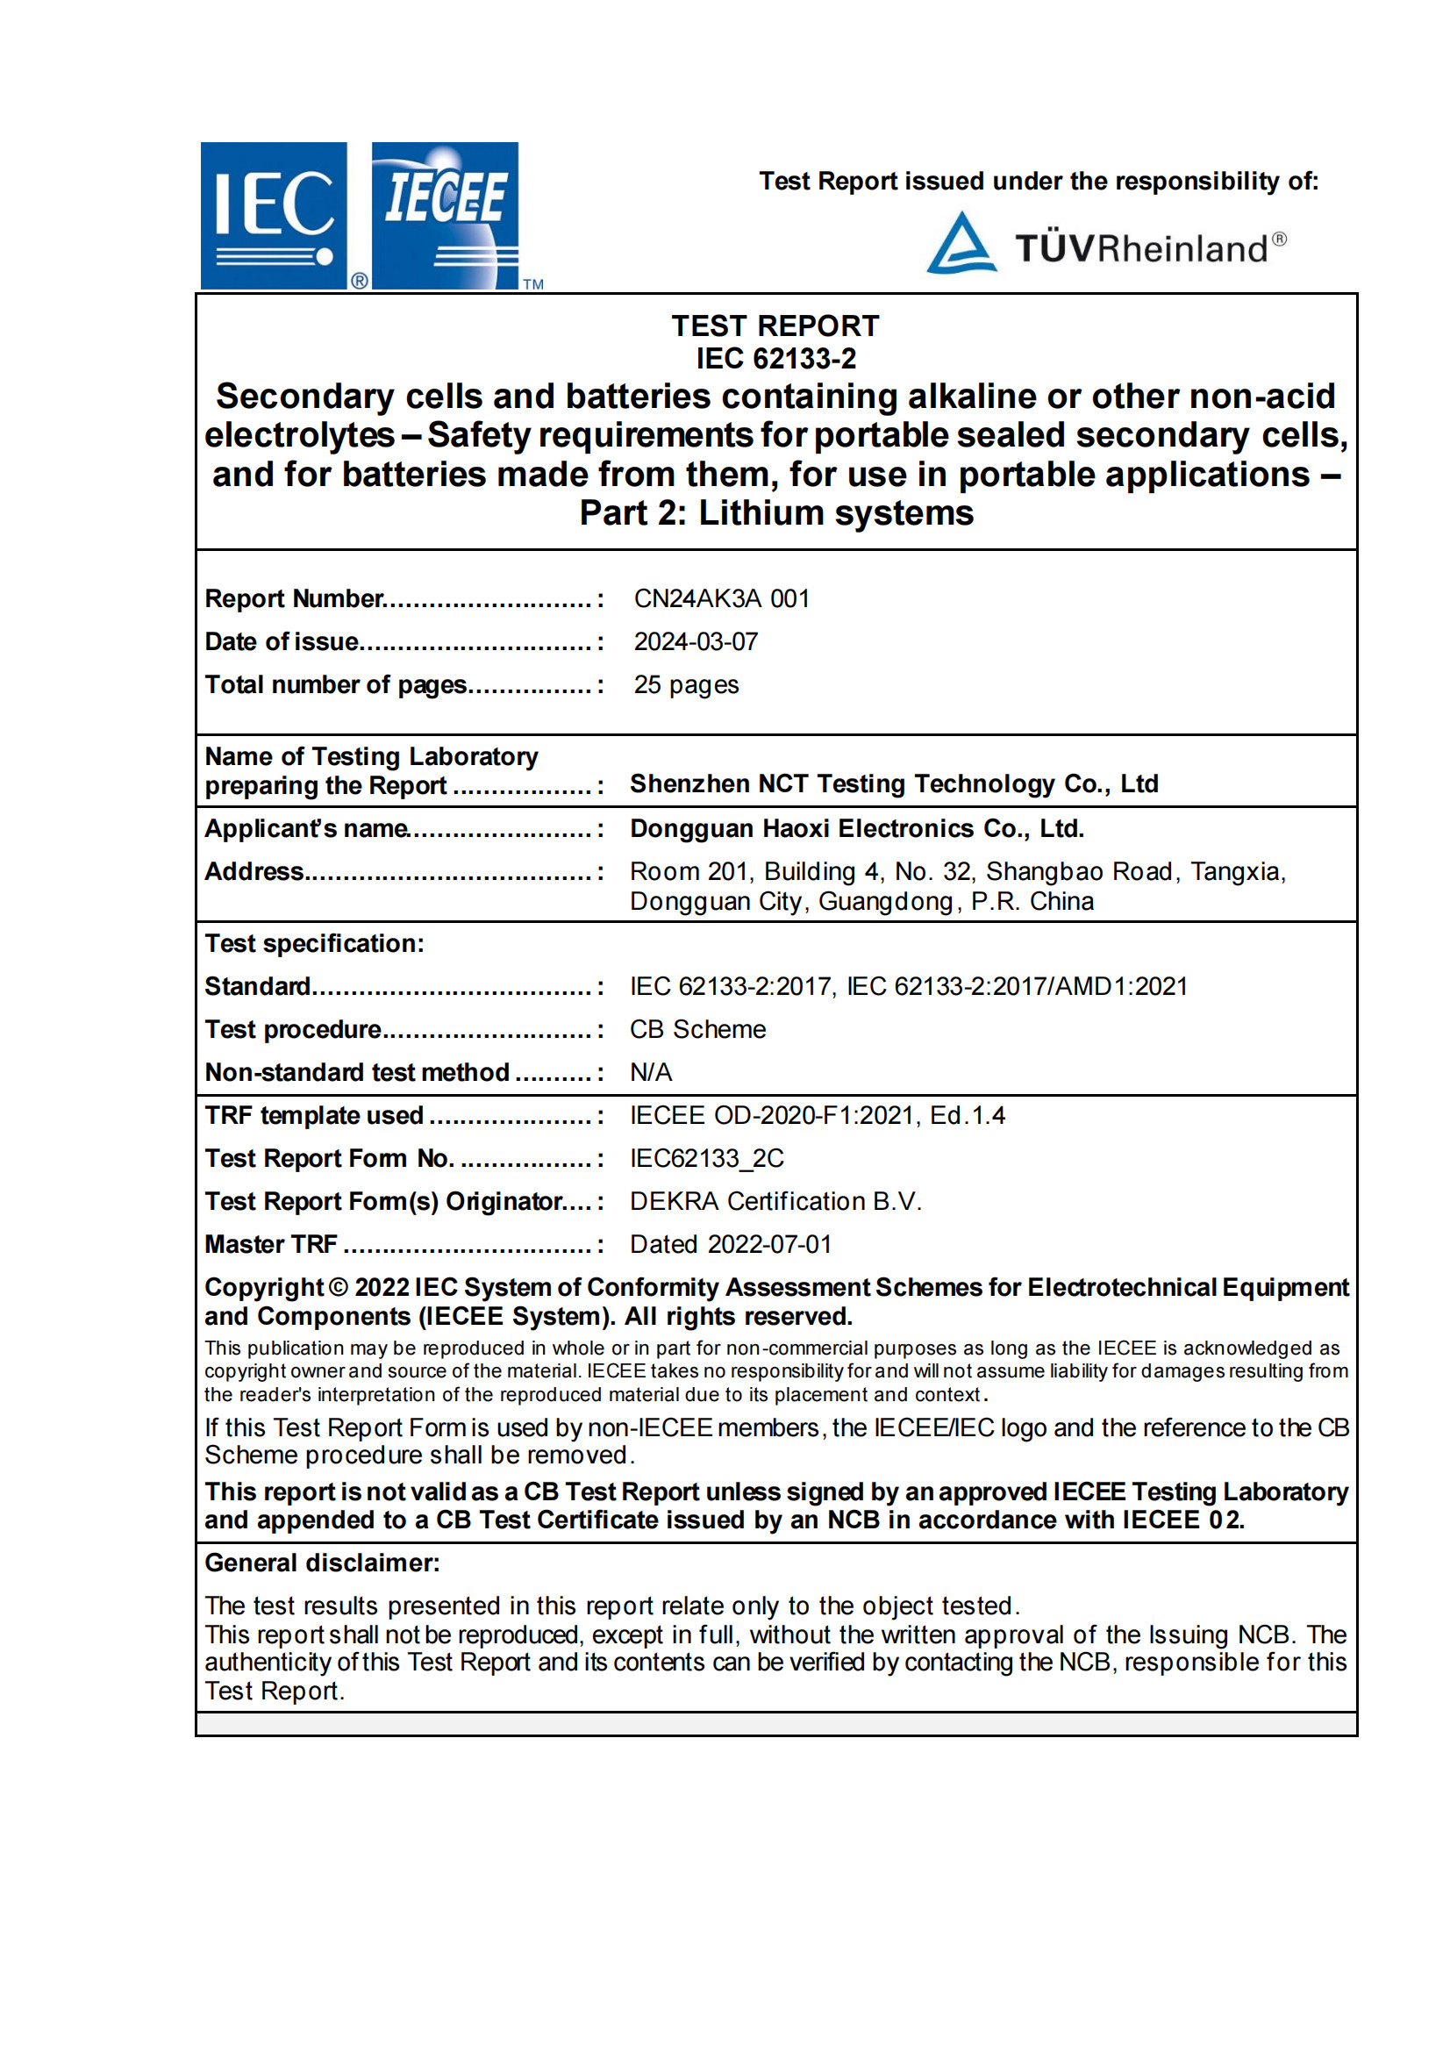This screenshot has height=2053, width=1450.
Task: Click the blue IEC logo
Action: (x=274, y=216)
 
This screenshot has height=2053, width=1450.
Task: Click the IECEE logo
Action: (x=444, y=216)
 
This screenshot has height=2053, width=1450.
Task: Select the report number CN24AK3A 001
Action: (x=721, y=598)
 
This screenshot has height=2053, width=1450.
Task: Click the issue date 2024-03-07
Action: (x=696, y=641)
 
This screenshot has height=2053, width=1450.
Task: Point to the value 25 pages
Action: (x=686, y=684)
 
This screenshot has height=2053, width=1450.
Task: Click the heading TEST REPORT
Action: (x=775, y=325)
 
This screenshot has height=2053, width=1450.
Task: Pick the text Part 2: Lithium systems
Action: (x=775, y=513)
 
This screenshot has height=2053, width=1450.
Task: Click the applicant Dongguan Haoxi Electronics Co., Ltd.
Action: (x=856, y=828)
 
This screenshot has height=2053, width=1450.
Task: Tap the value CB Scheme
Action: (x=697, y=1029)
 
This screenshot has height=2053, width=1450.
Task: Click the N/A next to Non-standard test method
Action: (x=650, y=1072)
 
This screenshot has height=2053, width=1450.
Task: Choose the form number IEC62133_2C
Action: (x=706, y=1158)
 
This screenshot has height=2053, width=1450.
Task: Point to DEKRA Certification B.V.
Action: (x=775, y=1201)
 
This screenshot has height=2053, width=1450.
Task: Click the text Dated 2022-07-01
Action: (x=731, y=1244)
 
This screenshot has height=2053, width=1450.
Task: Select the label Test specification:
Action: (x=314, y=943)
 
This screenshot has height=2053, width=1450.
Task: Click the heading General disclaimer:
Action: (x=322, y=1562)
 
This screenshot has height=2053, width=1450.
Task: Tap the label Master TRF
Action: (x=271, y=1244)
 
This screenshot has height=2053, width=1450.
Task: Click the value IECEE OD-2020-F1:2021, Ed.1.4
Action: (x=816, y=1115)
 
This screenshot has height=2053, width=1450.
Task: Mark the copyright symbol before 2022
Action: (x=338, y=1288)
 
